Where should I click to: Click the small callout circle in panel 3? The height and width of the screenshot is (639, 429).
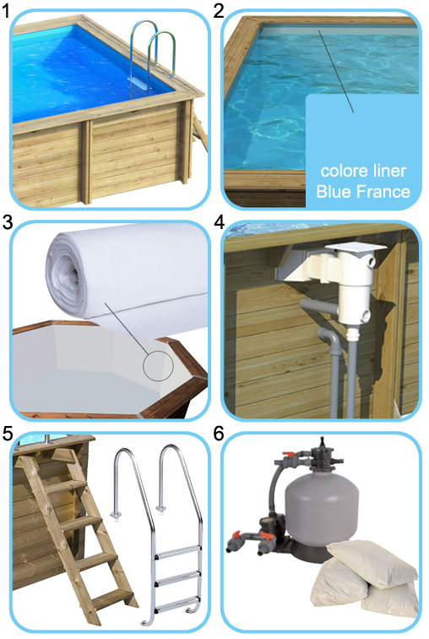point(158,368)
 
